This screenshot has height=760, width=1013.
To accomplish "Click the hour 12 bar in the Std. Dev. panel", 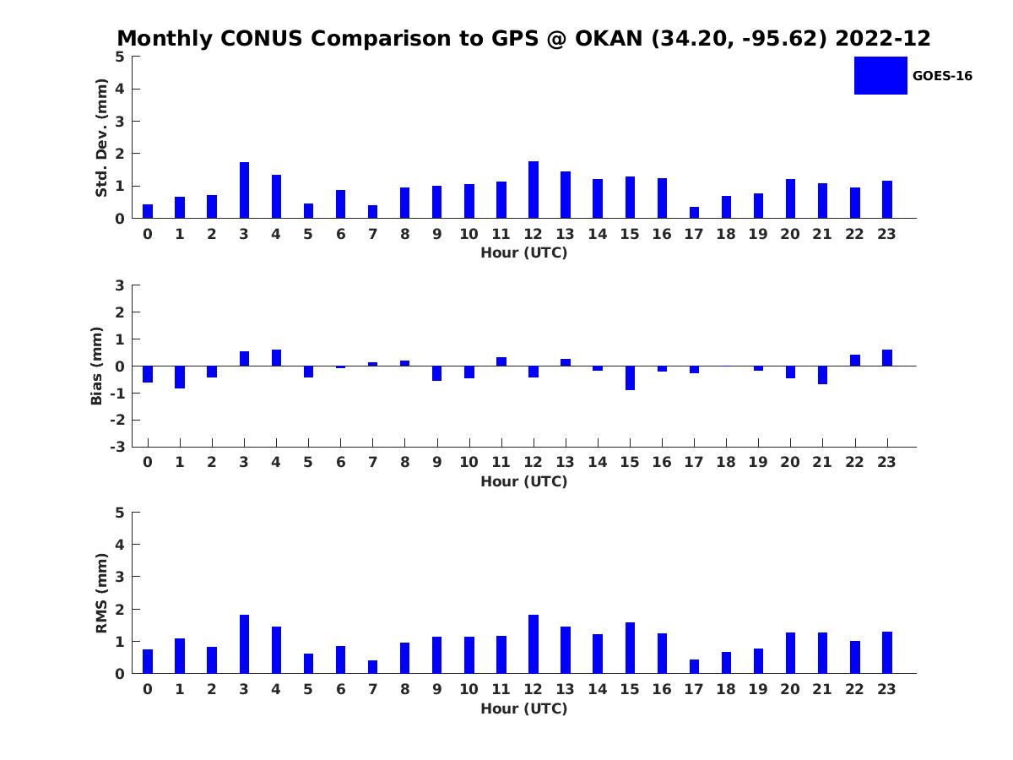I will click(534, 190).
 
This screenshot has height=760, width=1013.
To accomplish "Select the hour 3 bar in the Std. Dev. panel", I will click(244, 190).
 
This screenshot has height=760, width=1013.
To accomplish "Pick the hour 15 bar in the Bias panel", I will click(630, 377).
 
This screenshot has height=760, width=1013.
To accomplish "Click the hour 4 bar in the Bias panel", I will click(276, 358).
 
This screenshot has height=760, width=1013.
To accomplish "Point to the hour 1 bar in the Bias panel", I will click(180, 377).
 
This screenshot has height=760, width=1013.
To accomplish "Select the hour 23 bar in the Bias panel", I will click(887, 358).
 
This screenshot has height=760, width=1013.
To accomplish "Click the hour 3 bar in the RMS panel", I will click(244, 644).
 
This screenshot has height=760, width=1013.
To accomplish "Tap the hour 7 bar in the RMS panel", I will click(372, 667).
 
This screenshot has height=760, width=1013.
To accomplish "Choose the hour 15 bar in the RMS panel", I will click(630, 648).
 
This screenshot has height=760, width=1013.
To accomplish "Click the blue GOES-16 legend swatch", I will click(880, 75).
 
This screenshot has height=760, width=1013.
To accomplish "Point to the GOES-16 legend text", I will click(942, 76).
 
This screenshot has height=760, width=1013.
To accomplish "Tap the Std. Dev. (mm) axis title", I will click(102, 138).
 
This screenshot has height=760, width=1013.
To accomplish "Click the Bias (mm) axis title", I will click(97, 366).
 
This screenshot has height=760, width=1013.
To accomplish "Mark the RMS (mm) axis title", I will click(102, 593).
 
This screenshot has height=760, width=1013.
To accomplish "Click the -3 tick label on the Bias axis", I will click(119, 447).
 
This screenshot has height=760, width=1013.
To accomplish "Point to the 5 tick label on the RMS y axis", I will click(120, 513).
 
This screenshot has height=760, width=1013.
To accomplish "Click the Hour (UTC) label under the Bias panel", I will click(523, 481).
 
